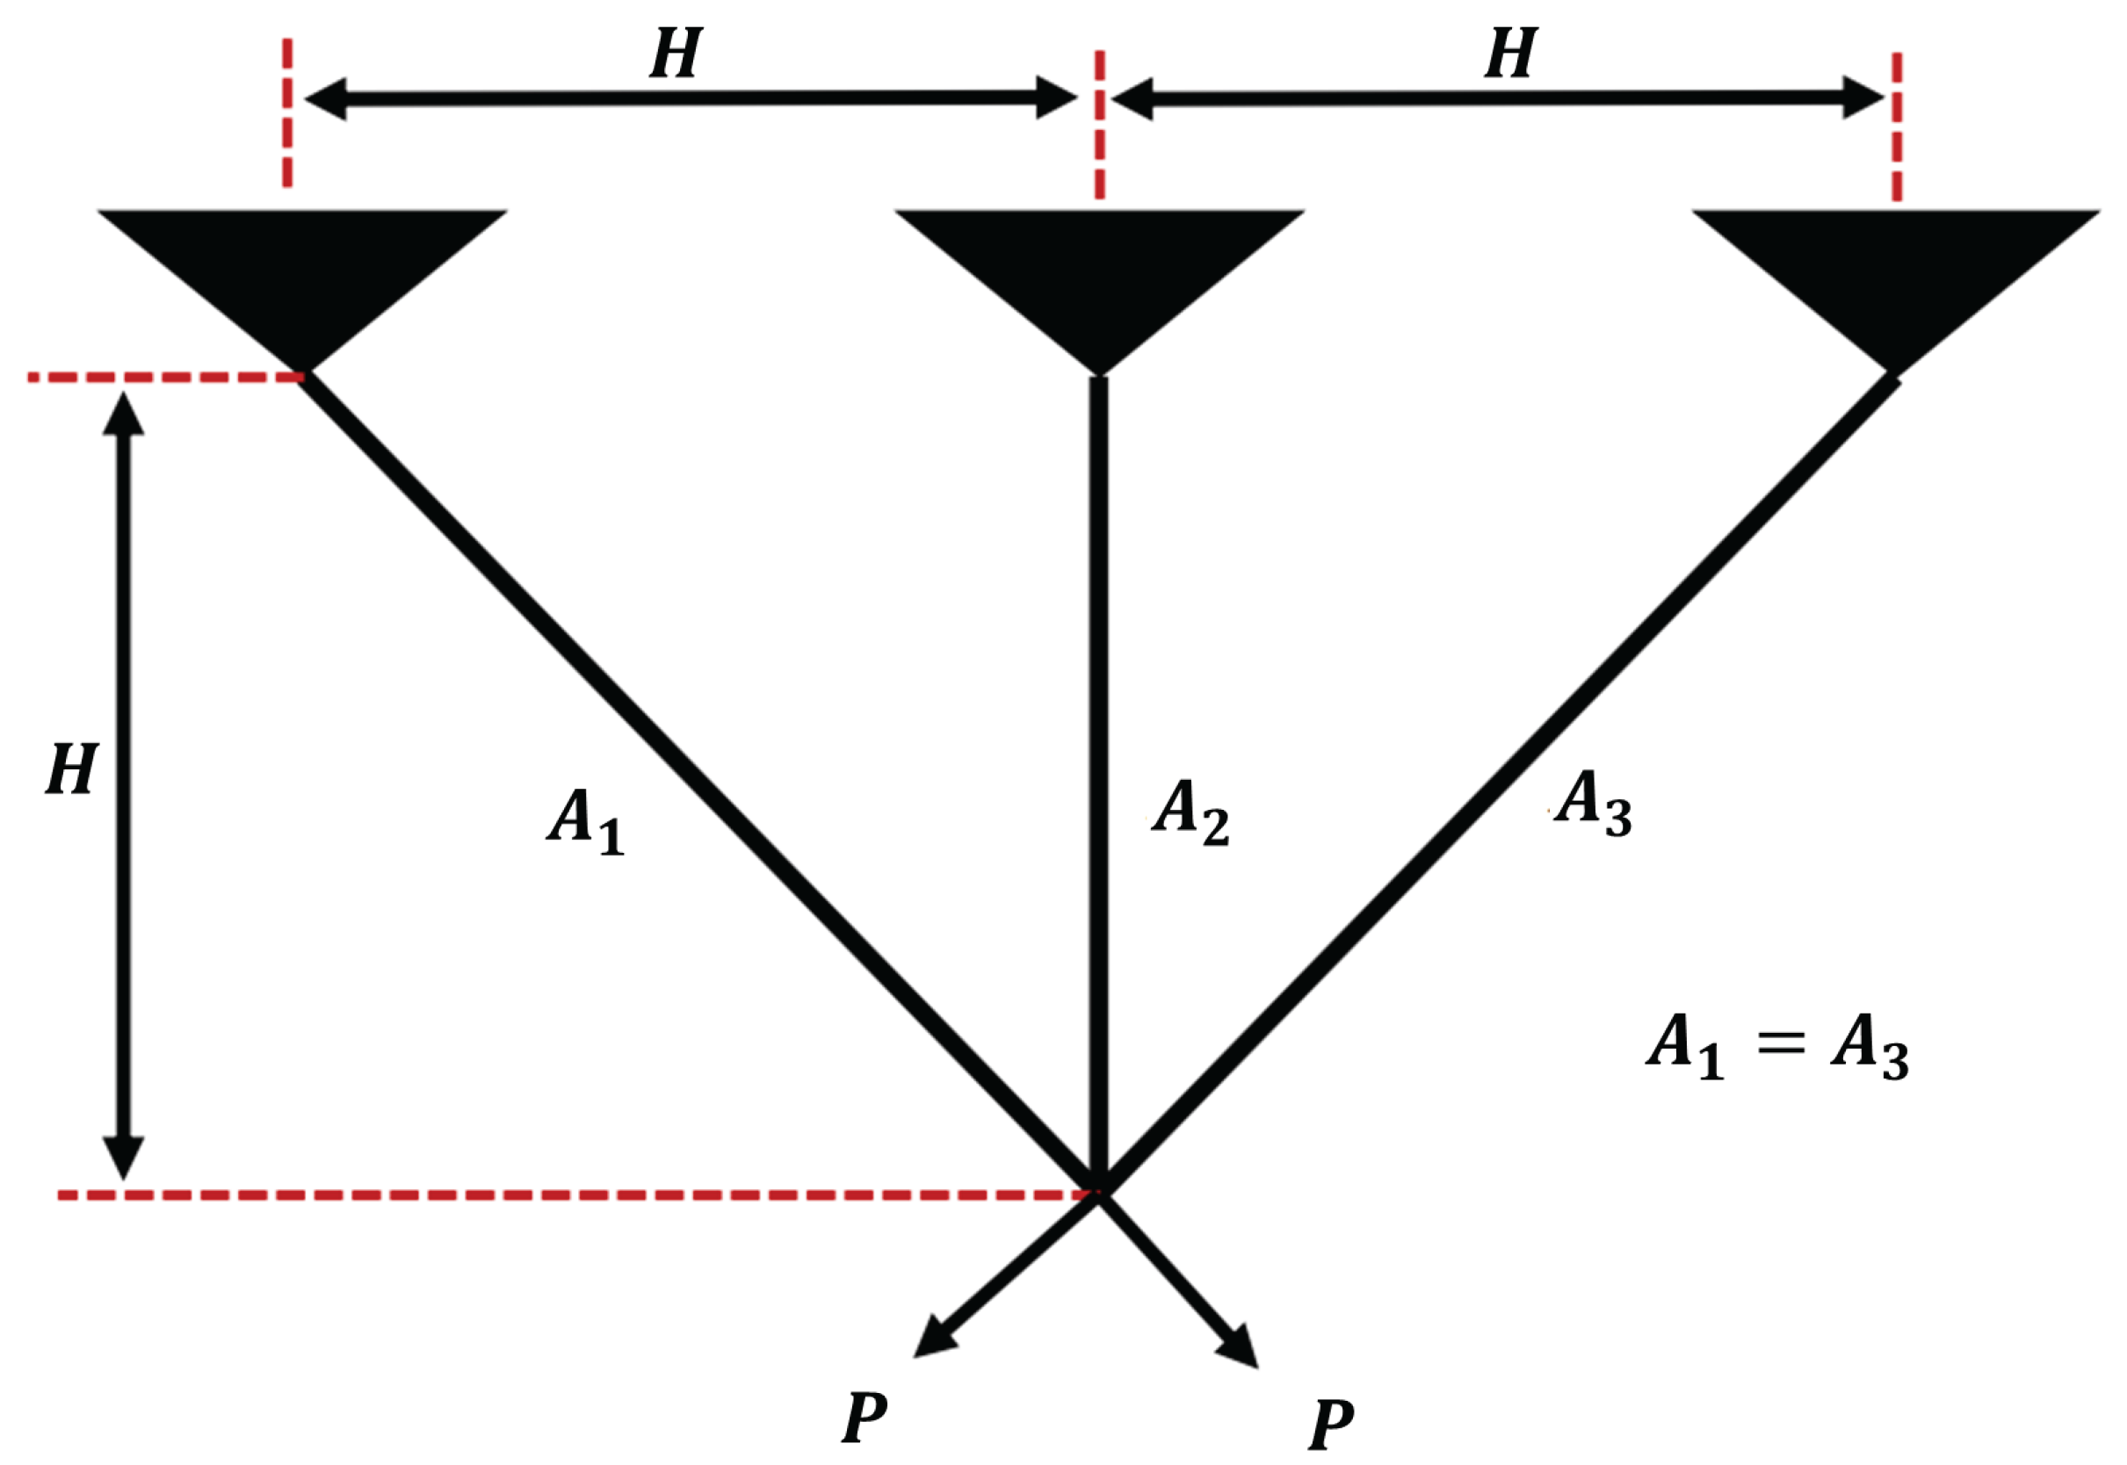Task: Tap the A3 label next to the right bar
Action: click(x=1592, y=802)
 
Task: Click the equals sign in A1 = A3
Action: click(x=1780, y=1043)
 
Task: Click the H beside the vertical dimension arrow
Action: click(x=72, y=769)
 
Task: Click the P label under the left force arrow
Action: click(x=865, y=1418)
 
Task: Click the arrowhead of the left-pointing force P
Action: click(x=933, y=1339)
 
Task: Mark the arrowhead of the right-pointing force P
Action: click(x=1240, y=1346)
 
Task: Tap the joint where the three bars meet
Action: click(x=1098, y=1189)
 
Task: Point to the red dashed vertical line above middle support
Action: click(x=1099, y=124)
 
